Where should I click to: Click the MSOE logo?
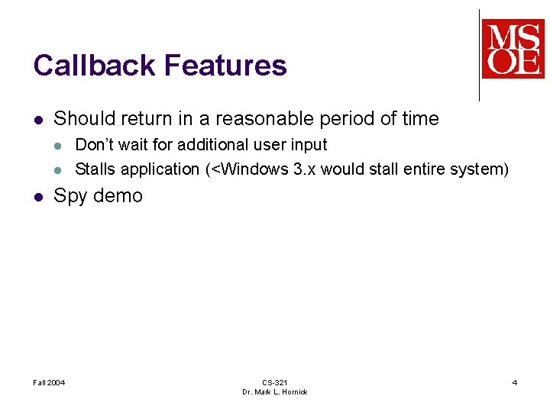513,49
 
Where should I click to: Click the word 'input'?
307,145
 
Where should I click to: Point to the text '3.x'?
304,169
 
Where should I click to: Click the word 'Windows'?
254,169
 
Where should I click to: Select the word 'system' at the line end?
476,169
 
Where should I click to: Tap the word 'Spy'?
70,196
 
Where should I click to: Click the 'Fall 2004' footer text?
50,382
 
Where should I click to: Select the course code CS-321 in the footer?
274,382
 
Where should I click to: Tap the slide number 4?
514,382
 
